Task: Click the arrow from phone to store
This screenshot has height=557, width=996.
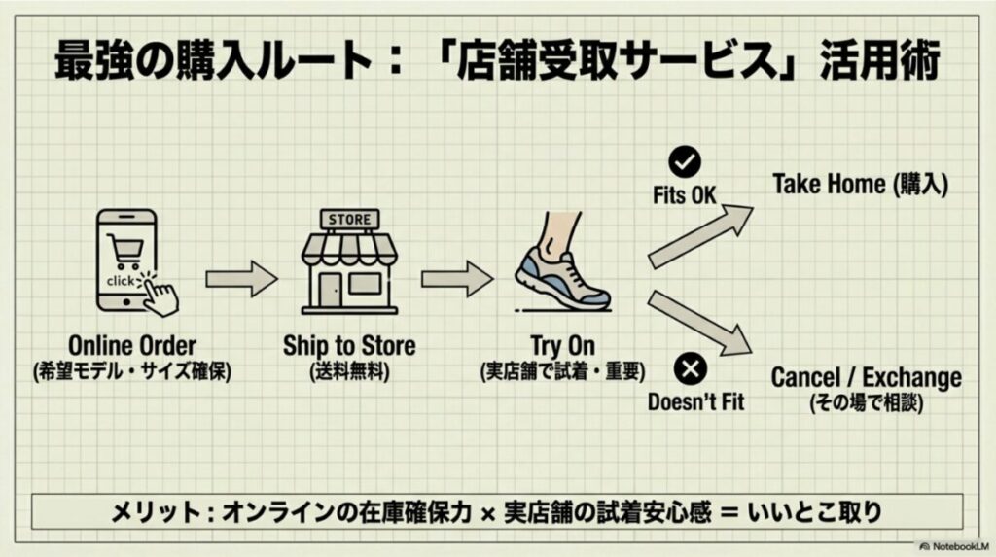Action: coord(241,279)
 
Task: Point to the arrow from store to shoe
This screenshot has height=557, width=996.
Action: coord(456,279)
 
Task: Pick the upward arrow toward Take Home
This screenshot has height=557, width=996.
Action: coord(700,237)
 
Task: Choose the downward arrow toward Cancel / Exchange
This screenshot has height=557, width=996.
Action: coord(700,320)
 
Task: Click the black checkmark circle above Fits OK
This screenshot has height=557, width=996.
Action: coord(685,162)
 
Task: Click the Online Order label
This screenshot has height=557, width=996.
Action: coord(132,346)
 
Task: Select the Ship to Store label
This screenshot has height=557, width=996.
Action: coord(349,346)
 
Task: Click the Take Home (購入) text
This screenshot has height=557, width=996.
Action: coord(860,185)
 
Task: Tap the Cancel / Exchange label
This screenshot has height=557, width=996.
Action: coord(866,377)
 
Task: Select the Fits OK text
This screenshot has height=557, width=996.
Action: coord(685,195)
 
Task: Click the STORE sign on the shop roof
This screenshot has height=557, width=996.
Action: coord(349,219)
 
